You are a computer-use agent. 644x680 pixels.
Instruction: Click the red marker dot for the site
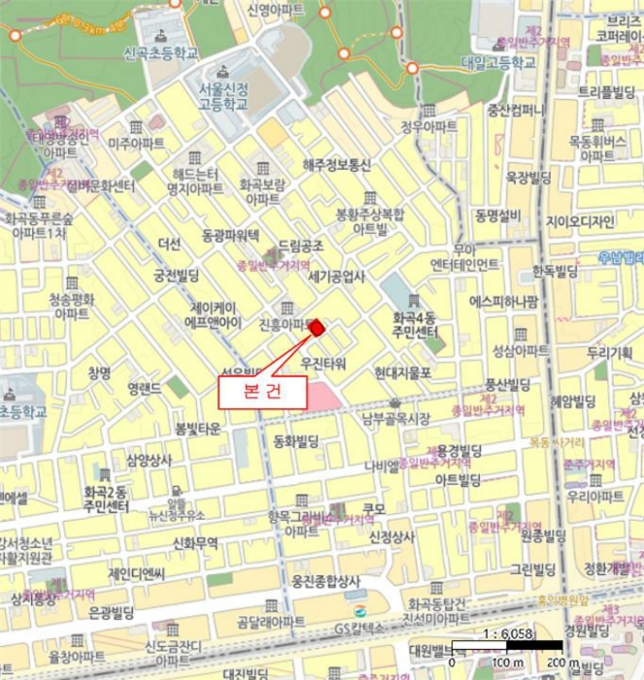click(x=316, y=327)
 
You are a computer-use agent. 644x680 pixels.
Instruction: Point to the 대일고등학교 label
click(x=499, y=61)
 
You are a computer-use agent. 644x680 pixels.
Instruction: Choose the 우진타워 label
click(x=323, y=363)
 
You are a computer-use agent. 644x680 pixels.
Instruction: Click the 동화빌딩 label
click(x=297, y=440)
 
